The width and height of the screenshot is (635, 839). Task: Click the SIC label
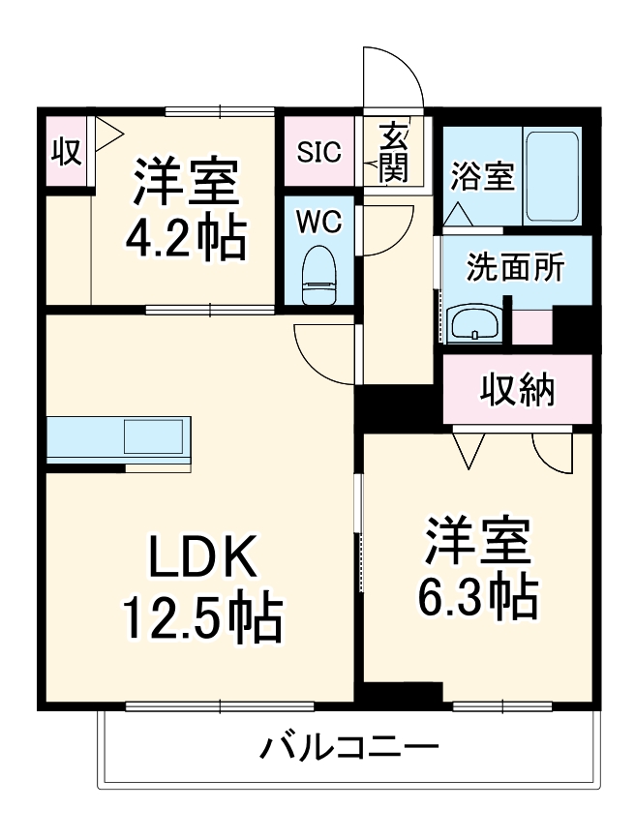tap(318, 152)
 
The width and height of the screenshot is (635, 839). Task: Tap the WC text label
tap(318, 222)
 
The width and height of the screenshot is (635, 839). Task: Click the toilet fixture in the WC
tap(317, 276)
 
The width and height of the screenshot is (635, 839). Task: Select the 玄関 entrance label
tap(393, 152)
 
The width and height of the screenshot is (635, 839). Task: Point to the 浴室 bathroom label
tap(482, 178)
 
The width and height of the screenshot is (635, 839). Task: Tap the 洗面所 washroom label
tap(515, 269)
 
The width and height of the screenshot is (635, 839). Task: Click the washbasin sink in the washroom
tap(474, 322)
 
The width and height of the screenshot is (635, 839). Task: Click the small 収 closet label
tap(65, 152)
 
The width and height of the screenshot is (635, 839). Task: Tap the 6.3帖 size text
tap(478, 596)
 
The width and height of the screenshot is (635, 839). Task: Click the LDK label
tap(201, 559)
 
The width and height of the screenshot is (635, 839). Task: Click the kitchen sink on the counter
tap(154, 436)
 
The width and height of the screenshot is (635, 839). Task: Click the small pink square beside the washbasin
tap(530, 326)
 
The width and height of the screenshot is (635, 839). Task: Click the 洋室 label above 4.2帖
tap(185, 181)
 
